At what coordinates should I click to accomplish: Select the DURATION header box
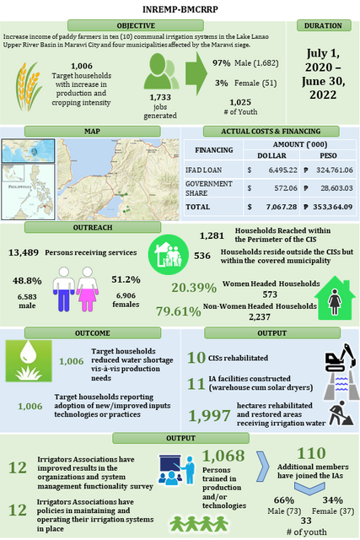(x=325, y=25)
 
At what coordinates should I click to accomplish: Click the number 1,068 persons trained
(x=223, y=456)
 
